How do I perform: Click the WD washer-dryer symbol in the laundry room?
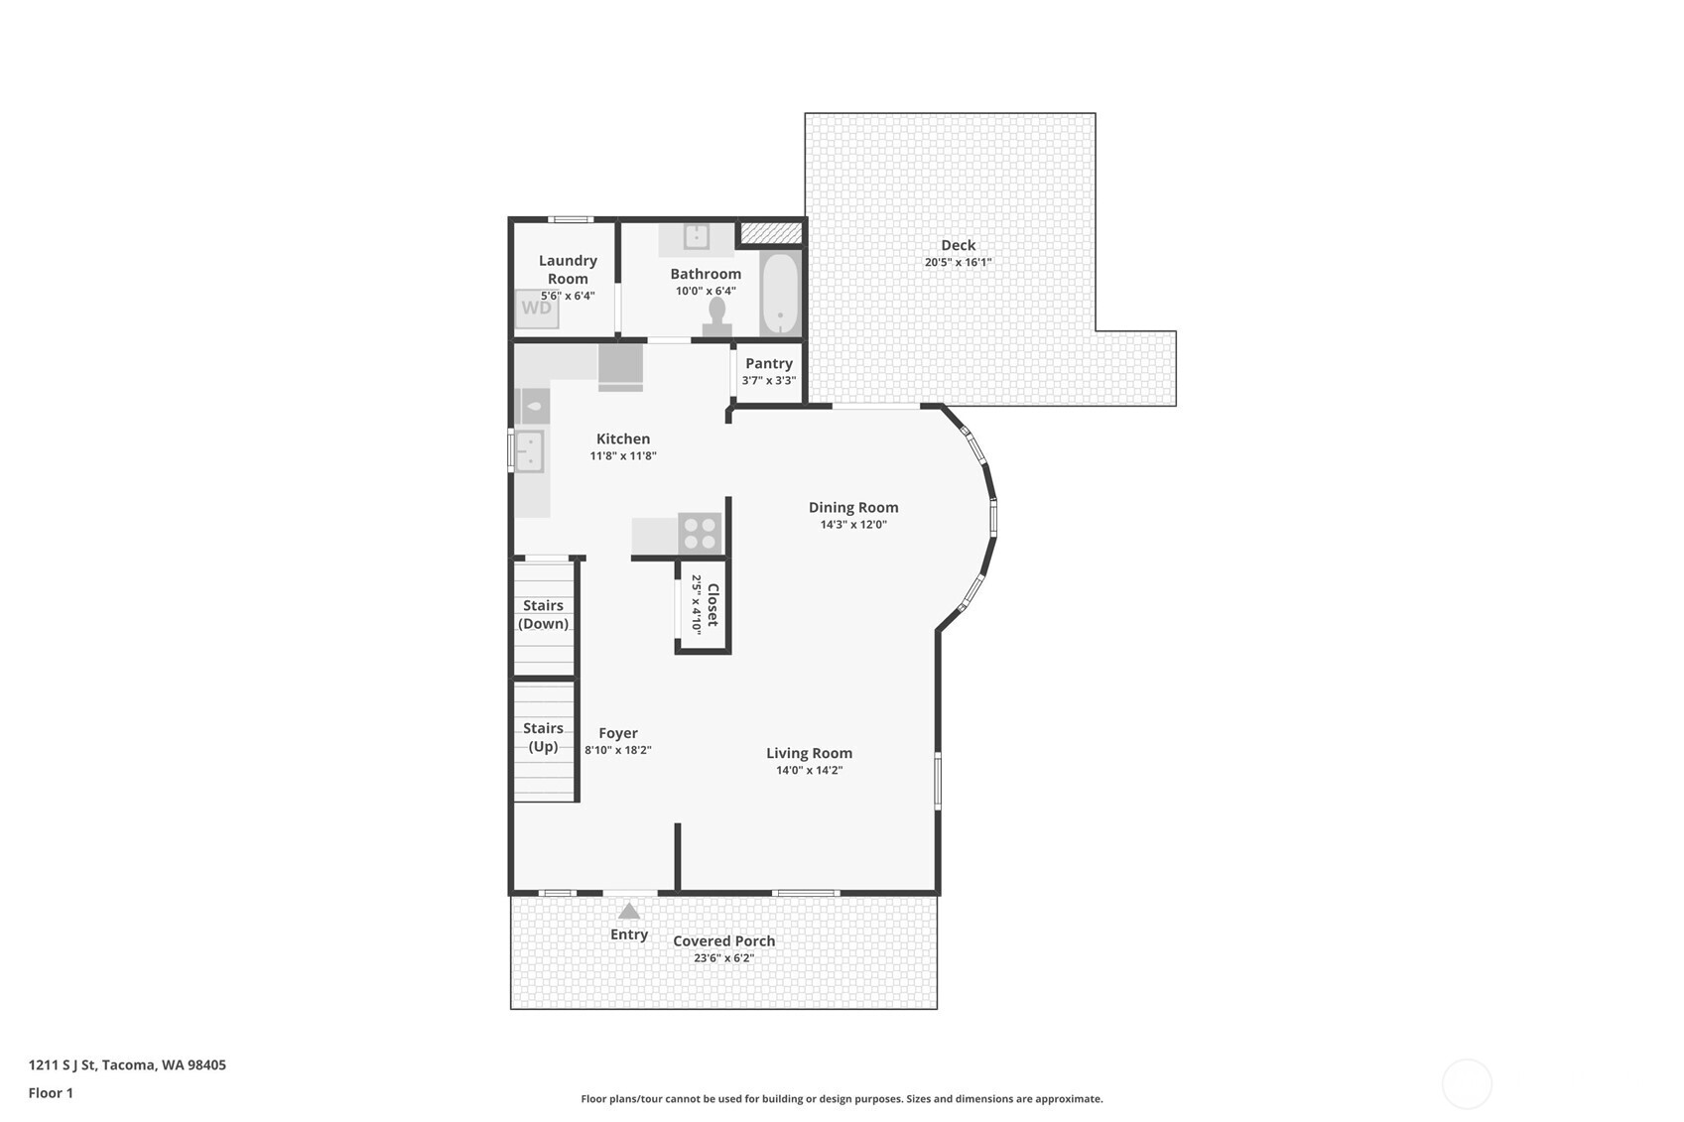[537, 309]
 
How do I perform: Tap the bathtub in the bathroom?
[780, 294]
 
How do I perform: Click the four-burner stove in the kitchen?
[700, 533]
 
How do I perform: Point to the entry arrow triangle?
[629, 911]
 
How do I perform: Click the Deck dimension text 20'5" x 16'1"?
[958, 263]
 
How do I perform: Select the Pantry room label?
[769, 363]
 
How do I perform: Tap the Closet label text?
[712, 605]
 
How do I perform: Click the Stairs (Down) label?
[544, 614]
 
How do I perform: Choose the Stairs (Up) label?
[544, 737]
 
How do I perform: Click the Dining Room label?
[853, 507]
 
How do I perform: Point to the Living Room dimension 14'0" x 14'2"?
[809, 770]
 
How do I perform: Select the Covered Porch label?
[724, 940]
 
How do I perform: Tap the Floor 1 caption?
[51, 1092]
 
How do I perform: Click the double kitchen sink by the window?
[530, 451]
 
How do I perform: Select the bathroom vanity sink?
[697, 236]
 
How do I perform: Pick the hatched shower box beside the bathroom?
[771, 232]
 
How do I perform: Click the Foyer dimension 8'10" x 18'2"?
[618, 750]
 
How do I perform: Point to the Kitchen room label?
[623, 438]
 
